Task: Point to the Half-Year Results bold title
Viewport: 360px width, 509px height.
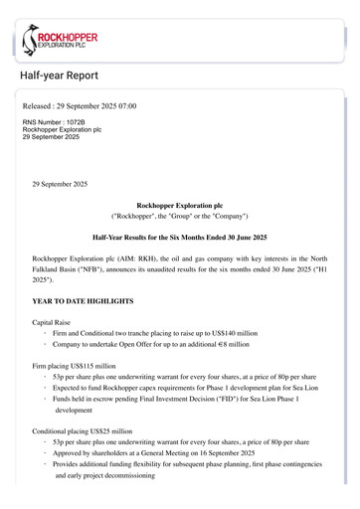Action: pyautogui.click(x=179, y=240)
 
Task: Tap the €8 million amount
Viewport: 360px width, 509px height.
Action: pyautogui.click(x=230, y=349)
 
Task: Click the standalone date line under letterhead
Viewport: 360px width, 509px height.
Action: pyautogui.click(x=60, y=184)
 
